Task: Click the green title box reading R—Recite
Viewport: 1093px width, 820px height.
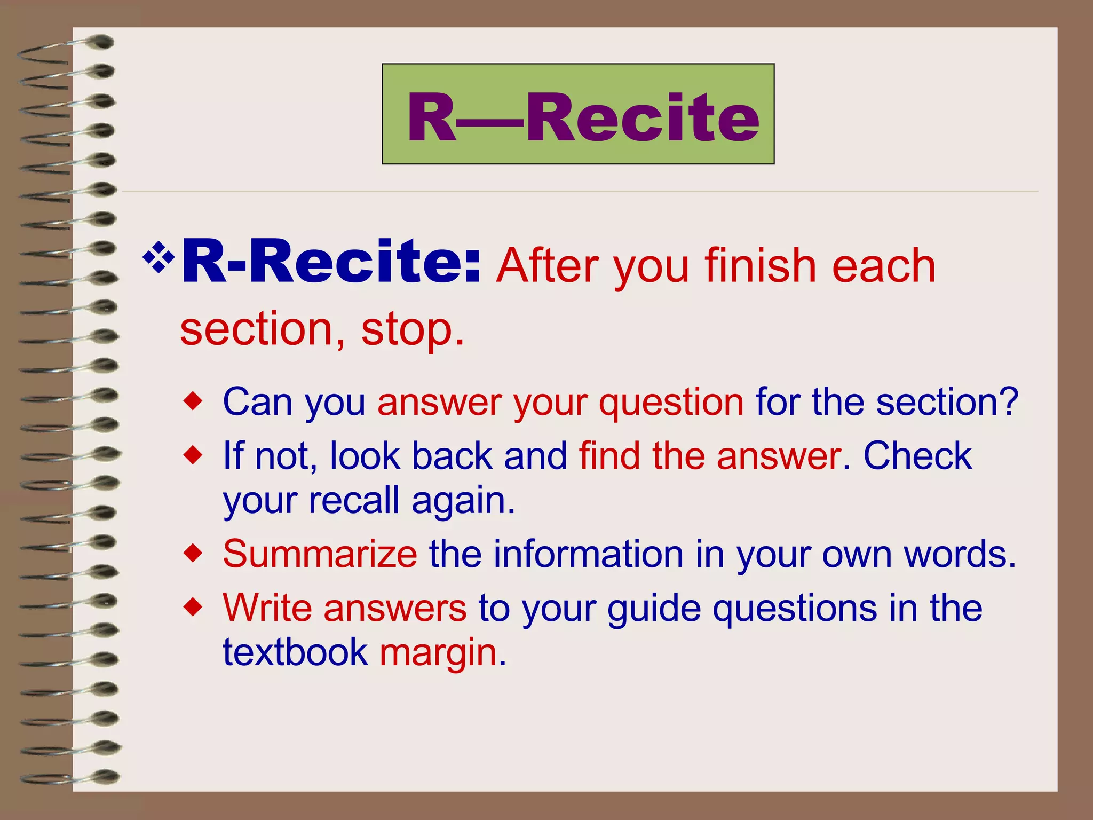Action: [x=578, y=114]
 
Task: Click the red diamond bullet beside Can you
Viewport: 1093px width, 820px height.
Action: [x=193, y=401]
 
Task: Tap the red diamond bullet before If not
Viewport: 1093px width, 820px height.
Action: [x=193, y=455]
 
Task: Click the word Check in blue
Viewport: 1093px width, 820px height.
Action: [x=917, y=456]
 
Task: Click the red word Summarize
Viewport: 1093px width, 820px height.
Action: [x=320, y=554]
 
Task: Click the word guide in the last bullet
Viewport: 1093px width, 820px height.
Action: [x=654, y=609]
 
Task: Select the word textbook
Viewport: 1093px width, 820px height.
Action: [x=295, y=652]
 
